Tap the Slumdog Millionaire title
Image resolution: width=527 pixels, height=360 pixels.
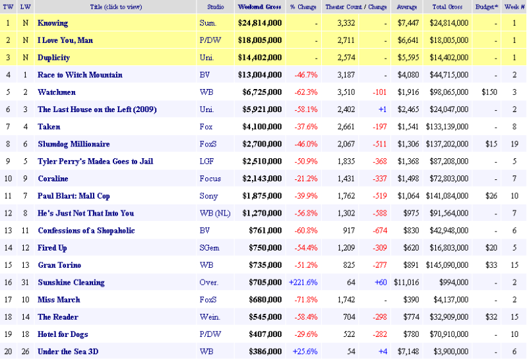coord(73,144)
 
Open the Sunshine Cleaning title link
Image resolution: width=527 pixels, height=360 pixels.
coord(71,282)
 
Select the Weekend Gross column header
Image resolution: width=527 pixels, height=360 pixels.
coord(259,7)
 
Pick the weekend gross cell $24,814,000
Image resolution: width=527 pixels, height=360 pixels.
coord(259,23)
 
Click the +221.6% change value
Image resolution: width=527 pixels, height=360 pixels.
coord(303,282)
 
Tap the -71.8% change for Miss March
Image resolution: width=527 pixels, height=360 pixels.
coord(305,299)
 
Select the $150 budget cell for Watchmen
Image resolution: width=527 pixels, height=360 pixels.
coord(488,92)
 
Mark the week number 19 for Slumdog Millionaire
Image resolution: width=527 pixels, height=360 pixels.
coord(513,144)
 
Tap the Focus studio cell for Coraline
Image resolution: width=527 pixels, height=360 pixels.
coord(209,179)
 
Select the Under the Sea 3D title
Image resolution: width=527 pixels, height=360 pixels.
coord(68,351)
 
